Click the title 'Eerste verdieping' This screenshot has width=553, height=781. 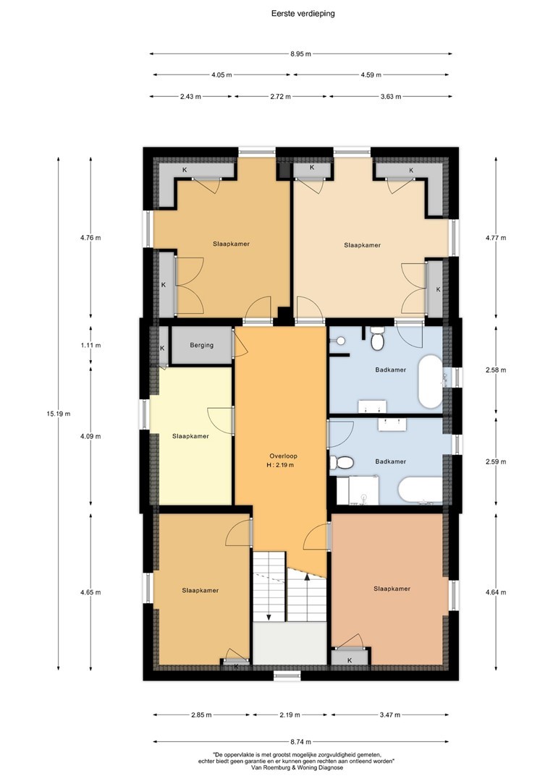tap(303, 14)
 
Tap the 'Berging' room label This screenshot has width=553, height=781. tap(201, 345)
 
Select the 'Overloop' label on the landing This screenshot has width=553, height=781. tap(283, 456)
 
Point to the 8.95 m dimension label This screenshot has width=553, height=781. tap(300, 54)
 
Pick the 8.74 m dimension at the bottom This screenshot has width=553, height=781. tap(300, 741)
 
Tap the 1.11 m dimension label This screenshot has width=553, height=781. tap(90, 345)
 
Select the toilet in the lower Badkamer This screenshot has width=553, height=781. tap(342, 463)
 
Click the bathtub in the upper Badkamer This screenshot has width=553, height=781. tap(430, 381)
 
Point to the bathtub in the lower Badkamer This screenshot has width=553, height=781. tap(421, 490)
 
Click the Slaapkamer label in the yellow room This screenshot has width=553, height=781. tap(190, 436)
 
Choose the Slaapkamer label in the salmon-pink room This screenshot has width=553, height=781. tap(392, 589)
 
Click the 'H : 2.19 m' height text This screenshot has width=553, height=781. tap(279, 465)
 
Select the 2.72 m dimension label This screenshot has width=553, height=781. tap(280, 97)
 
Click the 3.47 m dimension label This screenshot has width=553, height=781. tap(390, 714)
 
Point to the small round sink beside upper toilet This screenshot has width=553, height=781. tap(341, 341)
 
